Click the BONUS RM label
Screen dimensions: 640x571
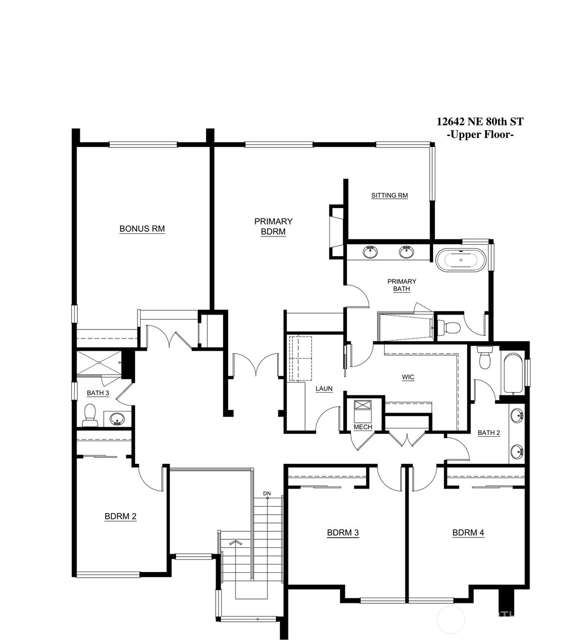pyautogui.click(x=142, y=229)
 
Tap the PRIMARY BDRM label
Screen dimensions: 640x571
pyautogui.click(x=273, y=226)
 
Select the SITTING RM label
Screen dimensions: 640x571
pyautogui.click(x=389, y=195)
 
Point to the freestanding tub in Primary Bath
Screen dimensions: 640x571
pyautogui.click(x=460, y=260)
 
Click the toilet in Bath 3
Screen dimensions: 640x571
pyautogui.click(x=90, y=415)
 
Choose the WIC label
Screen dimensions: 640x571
pyautogui.click(x=408, y=377)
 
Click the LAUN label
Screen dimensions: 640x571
pyautogui.click(x=324, y=389)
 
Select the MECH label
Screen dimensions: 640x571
pyautogui.click(x=363, y=427)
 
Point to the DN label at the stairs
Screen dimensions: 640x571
pyautogui.click(x=267, y=494)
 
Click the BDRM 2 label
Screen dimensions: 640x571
pyautogui.click(x=121, y=516)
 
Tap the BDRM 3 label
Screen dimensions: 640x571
pyautogui.click(x=343, y=532)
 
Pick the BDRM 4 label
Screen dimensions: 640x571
pyautogui.click(x=468, y=532)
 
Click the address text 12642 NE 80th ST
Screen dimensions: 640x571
pyautogui.click(x=480, y=121)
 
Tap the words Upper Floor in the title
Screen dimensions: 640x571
pyautogui.click(x=480, y=134)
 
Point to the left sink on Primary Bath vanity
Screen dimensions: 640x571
pyautogui.click(x=370, y=252)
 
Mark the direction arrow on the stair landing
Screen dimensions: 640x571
pyautogui.click(x=235, y=543)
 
